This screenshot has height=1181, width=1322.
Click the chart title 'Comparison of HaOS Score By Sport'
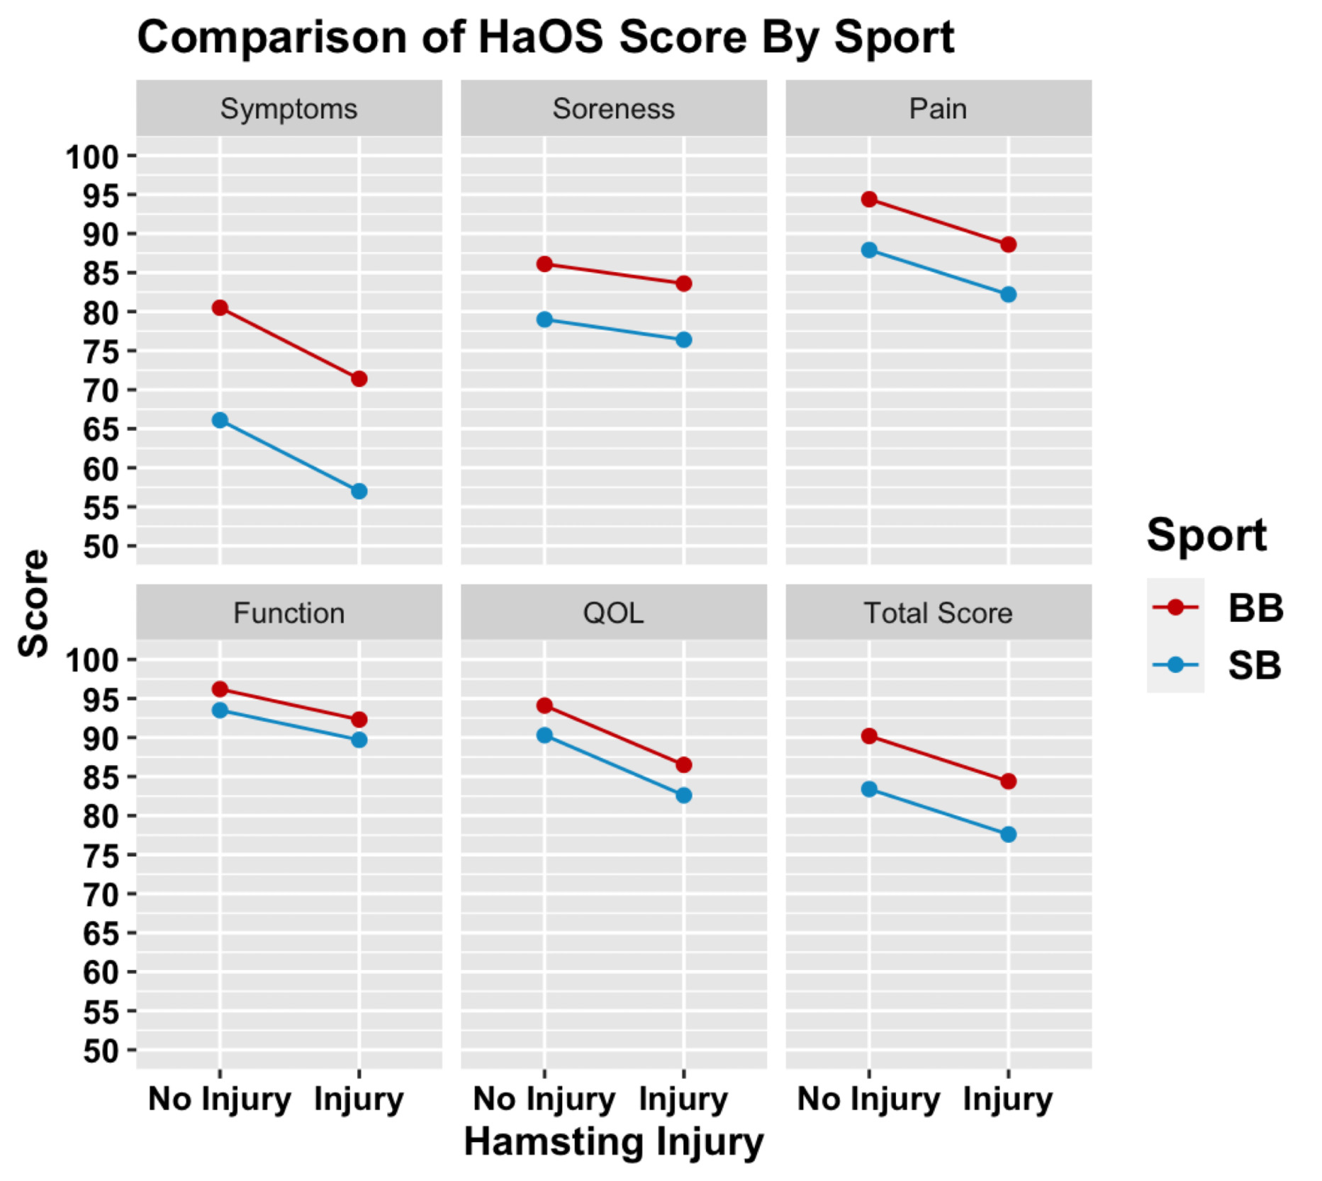coord(545,37)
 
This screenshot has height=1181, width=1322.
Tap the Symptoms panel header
coord(289,109)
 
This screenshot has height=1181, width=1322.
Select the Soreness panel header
coord(613,109)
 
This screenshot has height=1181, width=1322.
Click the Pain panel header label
coord(938,109)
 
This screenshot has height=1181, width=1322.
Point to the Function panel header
coord(289,613)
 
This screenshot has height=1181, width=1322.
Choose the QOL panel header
coord(613,613)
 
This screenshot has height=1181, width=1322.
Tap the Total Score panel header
coord(938,613)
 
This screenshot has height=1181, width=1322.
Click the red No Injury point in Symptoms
coord(220,307)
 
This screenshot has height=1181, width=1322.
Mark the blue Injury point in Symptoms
coord(359,491)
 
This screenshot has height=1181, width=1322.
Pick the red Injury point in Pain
coord(1008,244)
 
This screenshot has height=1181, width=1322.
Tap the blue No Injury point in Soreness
coord(544,320)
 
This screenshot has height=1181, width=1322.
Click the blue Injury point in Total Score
coord(1008,835)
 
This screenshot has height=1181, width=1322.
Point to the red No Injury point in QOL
coord(544,706)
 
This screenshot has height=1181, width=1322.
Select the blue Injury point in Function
coord(359,740)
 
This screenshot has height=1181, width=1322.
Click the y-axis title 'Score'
coord(34,604)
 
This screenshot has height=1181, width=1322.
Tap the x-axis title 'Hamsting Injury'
coord(613,1142)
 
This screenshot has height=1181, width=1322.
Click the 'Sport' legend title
coord(1206,535)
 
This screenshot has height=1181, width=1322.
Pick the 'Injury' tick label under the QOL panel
coord(683,1100)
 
